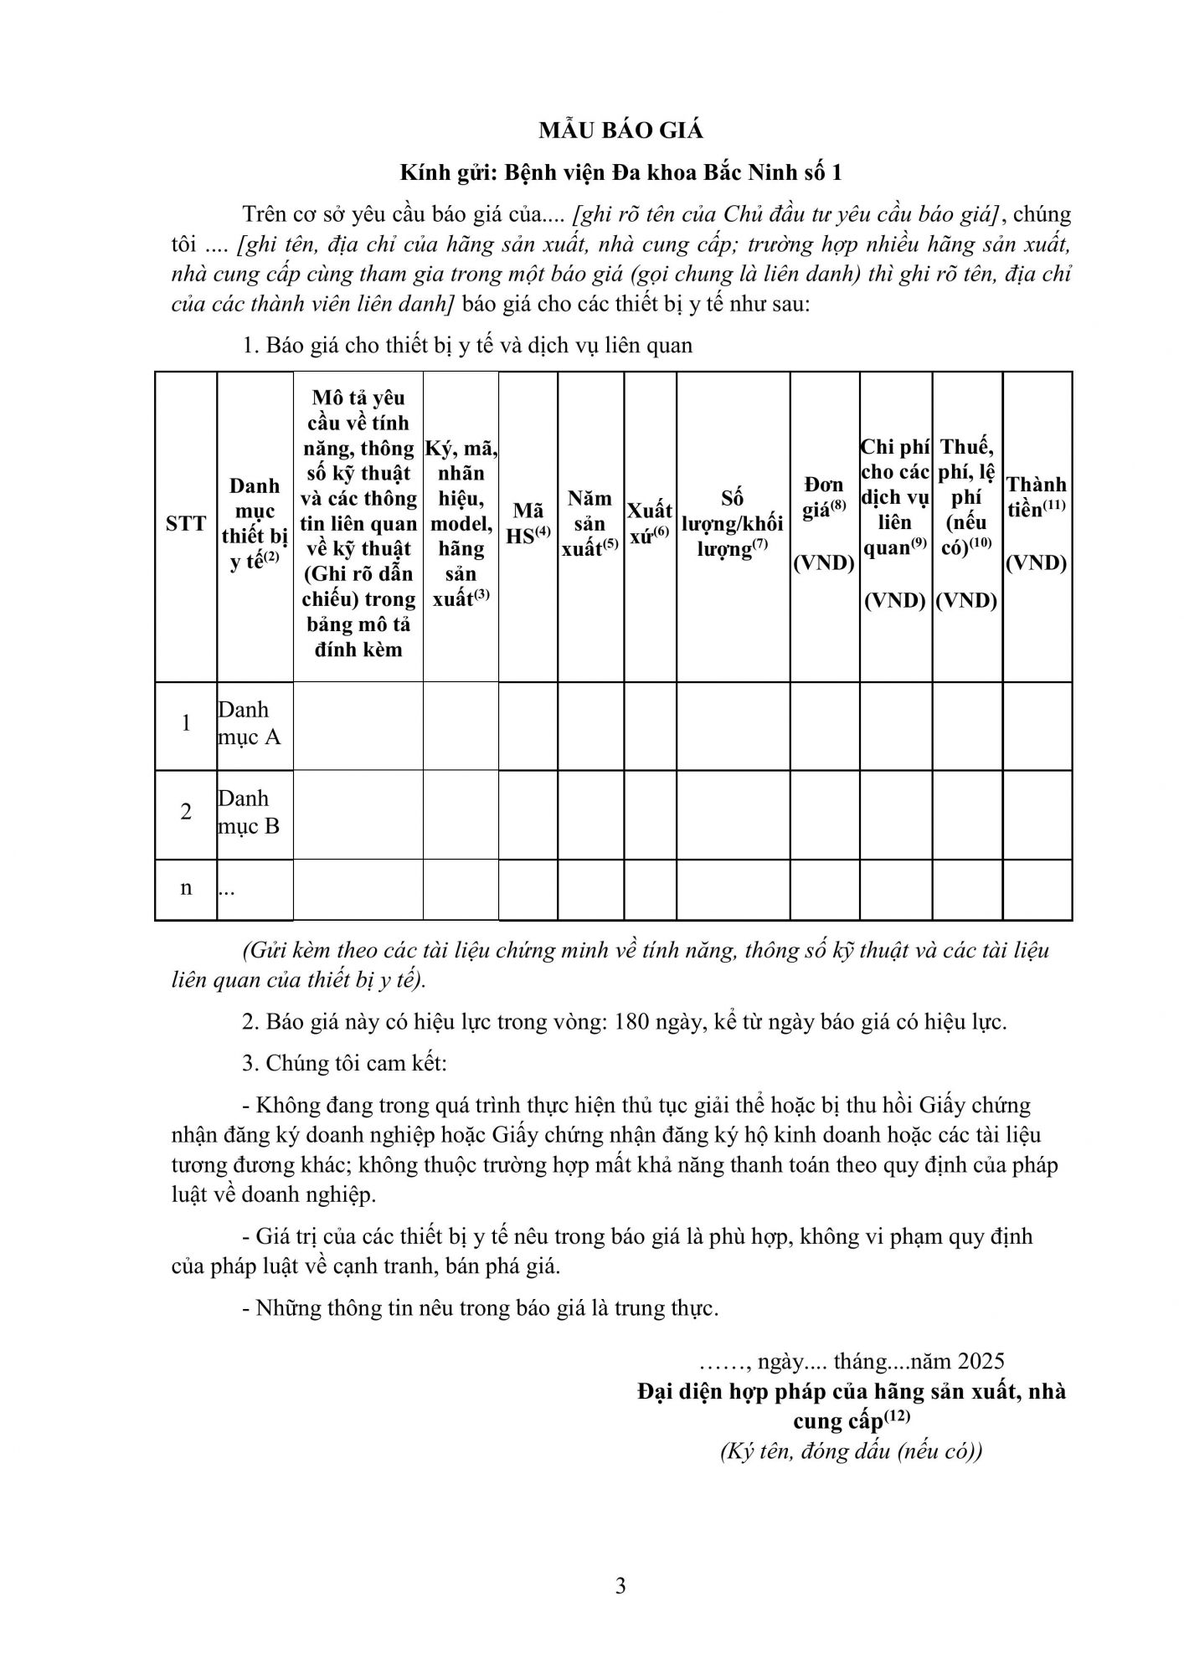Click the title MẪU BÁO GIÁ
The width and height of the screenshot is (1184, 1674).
(x=620, y=131)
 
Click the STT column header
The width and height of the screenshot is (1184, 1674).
(x=186, y=524)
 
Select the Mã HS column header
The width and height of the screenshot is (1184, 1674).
(x=528, y=524)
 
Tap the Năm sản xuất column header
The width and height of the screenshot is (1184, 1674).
(x=590, y=524)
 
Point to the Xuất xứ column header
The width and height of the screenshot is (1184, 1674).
(x=650, y=524)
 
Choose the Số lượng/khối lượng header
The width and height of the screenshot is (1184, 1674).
(x=733, y=524)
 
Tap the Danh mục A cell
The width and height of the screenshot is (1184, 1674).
(x=250, y=723)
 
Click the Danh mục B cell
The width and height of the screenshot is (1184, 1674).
(x=250, y=812)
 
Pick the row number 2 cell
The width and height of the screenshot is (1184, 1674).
(x=186, y=812)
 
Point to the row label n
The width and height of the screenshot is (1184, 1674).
(x=186, y=887)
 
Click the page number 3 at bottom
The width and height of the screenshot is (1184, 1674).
(x=620, y=1586)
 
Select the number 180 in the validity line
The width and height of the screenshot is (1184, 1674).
(x=632, y=1022)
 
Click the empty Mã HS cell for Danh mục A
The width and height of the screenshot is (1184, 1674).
(x=528, y=725)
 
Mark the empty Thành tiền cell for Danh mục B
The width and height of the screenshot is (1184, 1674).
(x=1037, y=814)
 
